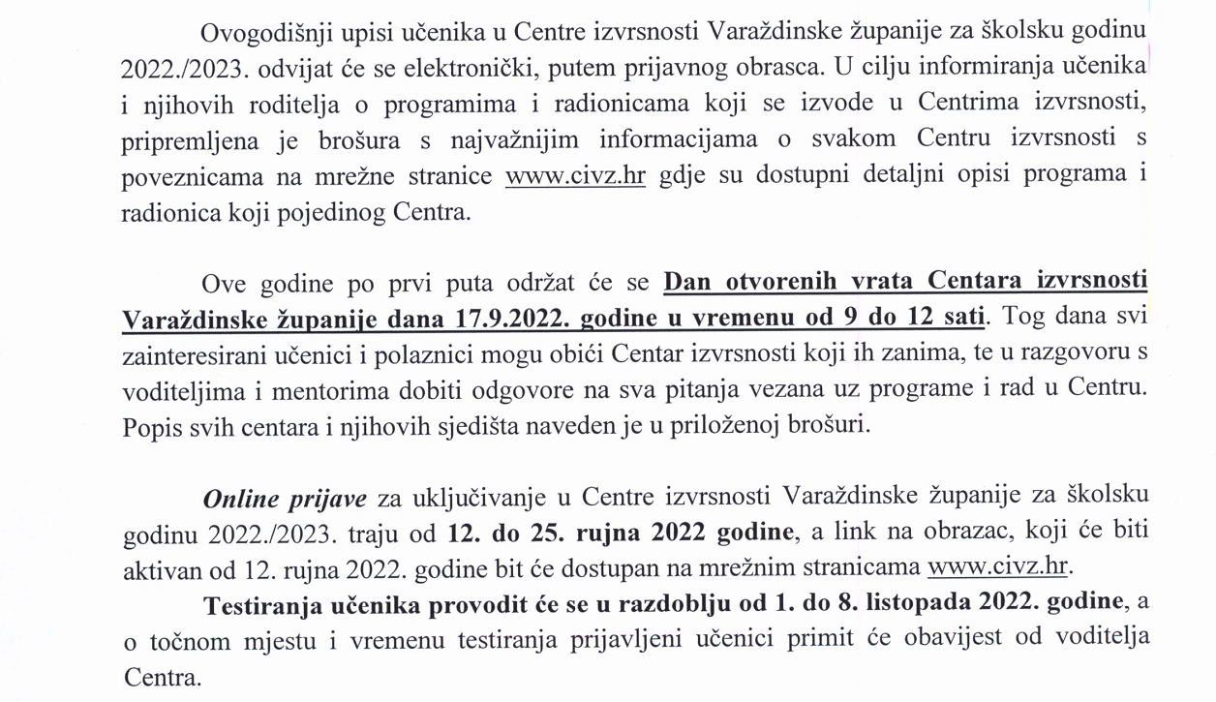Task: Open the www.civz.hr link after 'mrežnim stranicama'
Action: pyautogui.click(x=1002, y=568)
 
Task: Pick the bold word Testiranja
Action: pyautogui.click(x=258, y=603)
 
